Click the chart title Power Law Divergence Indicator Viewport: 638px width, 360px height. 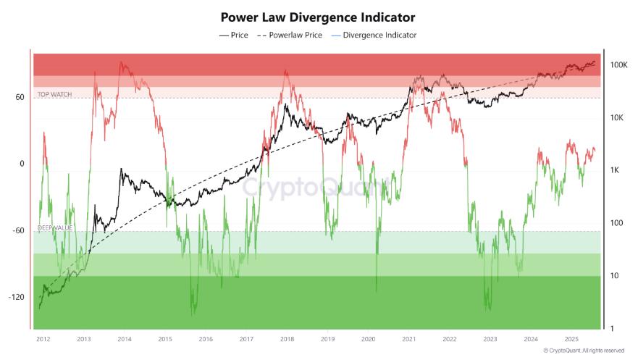point(319,17)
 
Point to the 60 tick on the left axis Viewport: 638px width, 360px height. point(20,97)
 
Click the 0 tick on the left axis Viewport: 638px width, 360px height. point(22,164)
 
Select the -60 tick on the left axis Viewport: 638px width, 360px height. point(18,230)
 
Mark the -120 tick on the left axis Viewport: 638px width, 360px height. point(16,297)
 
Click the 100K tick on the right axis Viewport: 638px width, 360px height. point(618,65)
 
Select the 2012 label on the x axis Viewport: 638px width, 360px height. point(43,338)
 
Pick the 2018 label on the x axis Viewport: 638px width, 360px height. point(287,338)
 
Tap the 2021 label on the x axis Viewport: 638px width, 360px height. point(409,338)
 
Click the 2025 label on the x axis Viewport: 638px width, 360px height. point(571,338)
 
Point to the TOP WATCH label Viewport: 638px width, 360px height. point(55,94)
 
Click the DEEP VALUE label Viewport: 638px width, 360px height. point(55,227)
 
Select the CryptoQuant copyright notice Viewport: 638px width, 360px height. point(588,351)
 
